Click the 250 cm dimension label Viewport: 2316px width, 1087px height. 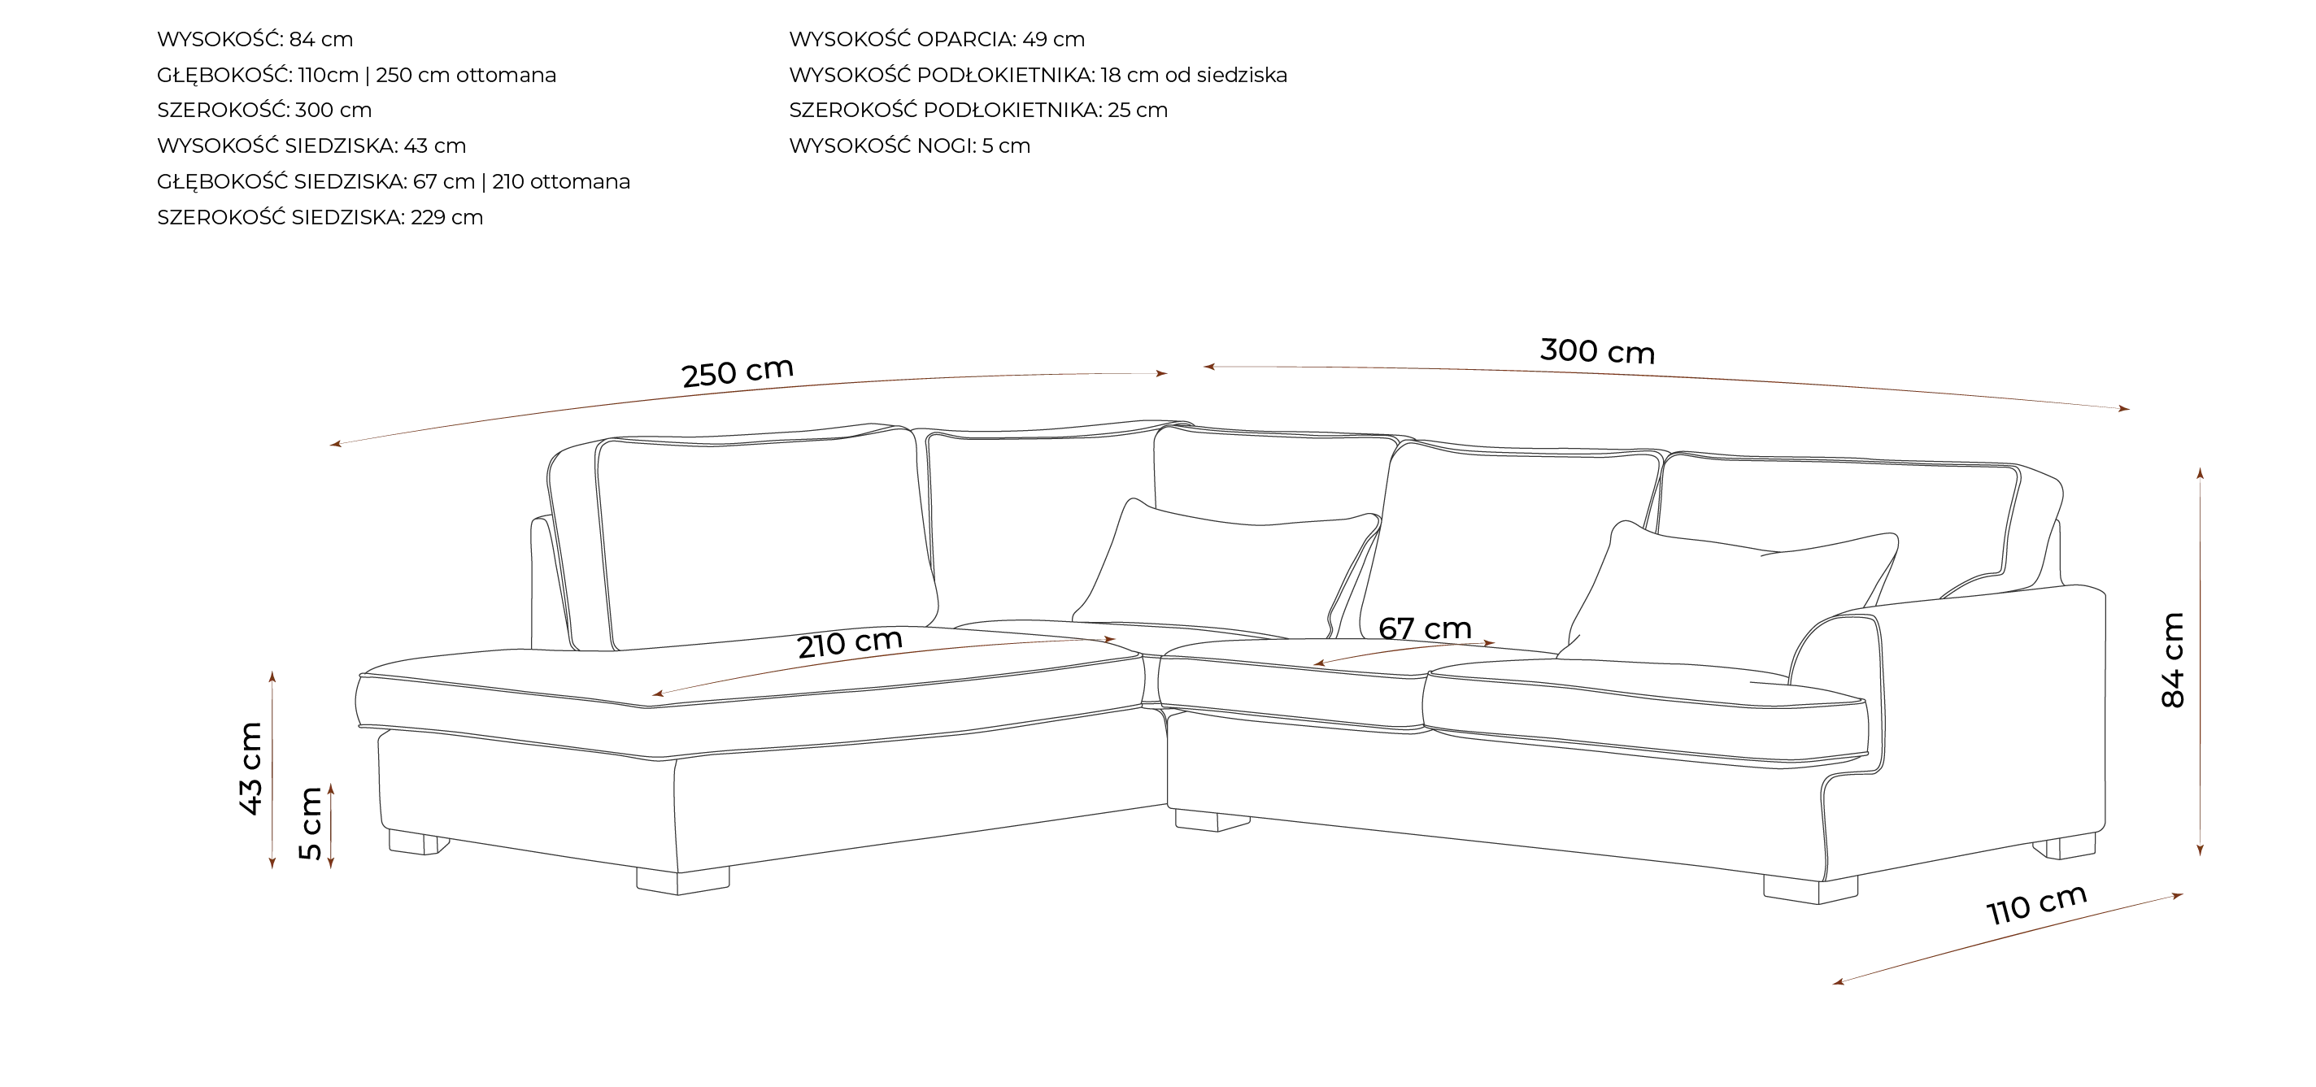[x=738, y=372]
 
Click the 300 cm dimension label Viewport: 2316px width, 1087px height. [x=1598, y=350]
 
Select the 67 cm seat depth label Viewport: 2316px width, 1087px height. [x=1425, y=628]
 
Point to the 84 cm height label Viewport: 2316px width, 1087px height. [x=2172, y=660]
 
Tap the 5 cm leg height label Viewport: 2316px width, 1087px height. [x=310, y=823]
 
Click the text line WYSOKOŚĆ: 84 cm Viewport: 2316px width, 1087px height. [x=255, y=40]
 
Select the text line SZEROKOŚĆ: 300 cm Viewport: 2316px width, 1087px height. [x=264, y=111]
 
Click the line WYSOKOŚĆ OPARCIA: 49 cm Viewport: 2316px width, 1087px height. [x=937, y=40]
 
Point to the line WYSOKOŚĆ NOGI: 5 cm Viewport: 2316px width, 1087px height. [x=910, y=146]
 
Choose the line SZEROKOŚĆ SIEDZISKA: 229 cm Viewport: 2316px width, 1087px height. [x=320, y=218]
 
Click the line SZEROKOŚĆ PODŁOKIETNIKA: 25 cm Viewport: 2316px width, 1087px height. [x=978, y=111]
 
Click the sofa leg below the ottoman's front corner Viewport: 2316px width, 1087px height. [x=682, y=880]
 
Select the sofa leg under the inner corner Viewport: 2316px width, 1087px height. [x=1211, y=820]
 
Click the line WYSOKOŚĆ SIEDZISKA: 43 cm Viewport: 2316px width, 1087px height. [x=312, y=146]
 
